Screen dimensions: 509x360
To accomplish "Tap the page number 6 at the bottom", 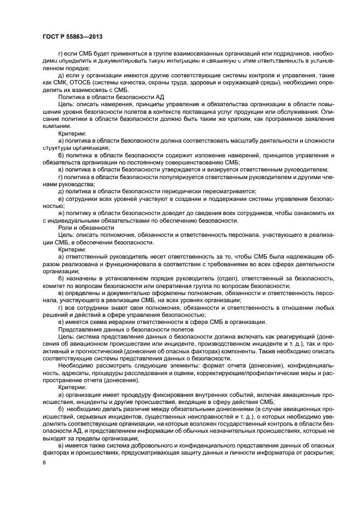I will tap(44, 462).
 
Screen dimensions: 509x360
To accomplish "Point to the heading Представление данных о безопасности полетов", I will tap(123, 329).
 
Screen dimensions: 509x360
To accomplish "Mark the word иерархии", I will tap(127, 322).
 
